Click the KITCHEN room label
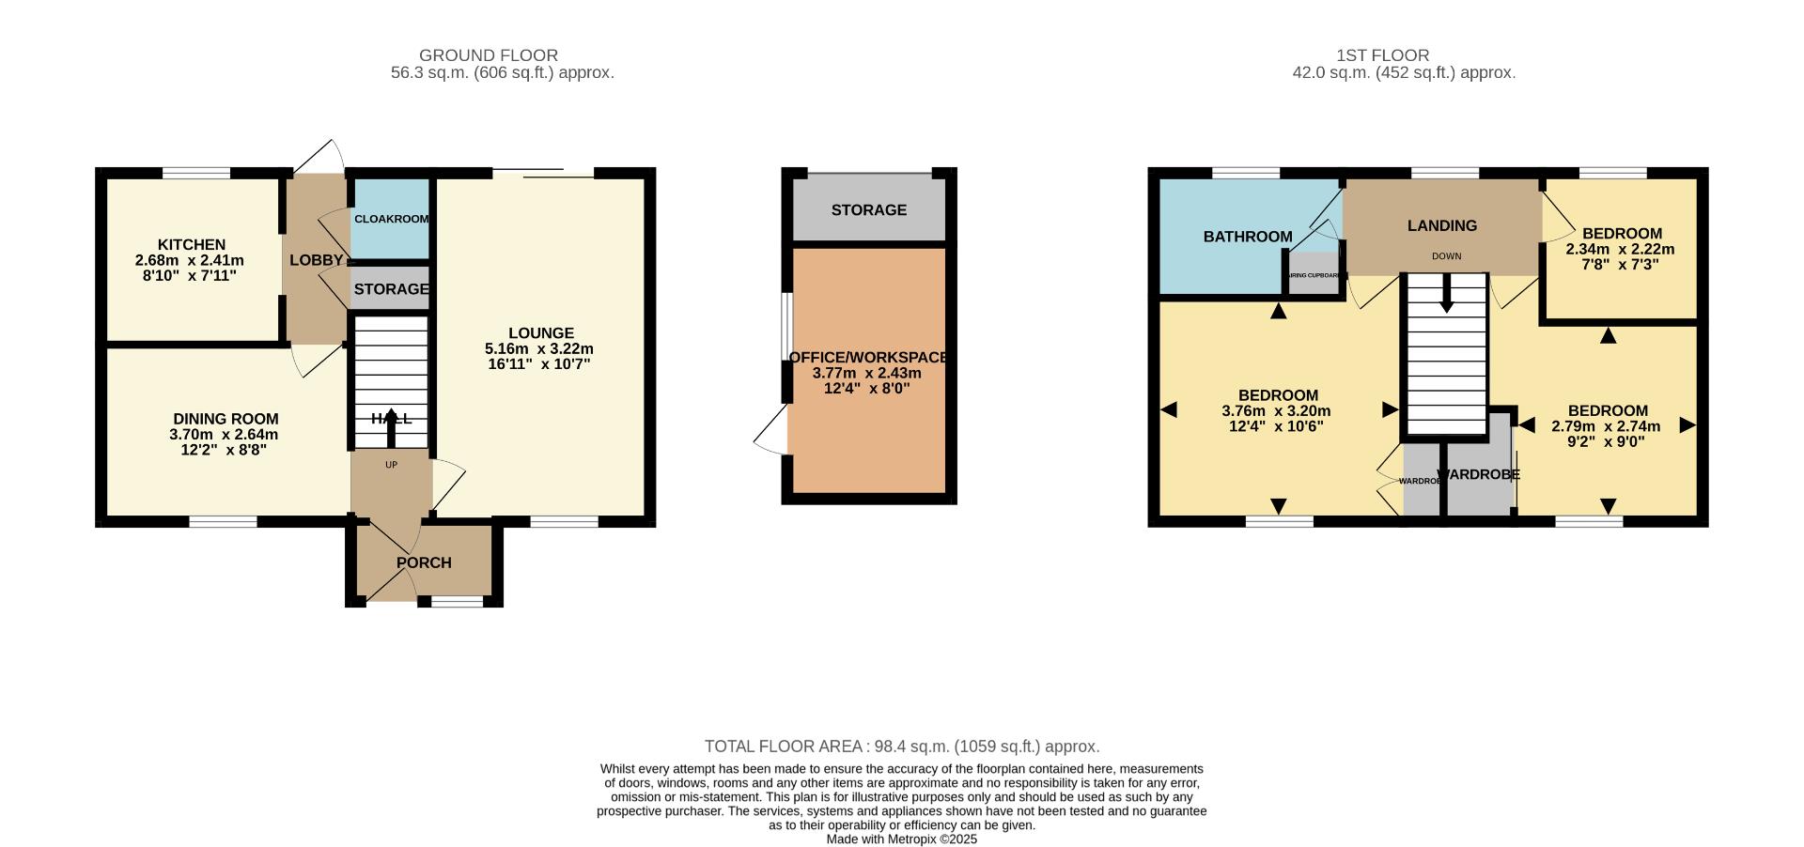tap(191, 245)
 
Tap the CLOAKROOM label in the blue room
tap(391, 219)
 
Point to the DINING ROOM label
tap(225, 419)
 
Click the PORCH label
tap(424, 562)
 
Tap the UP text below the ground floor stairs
tap(391, 465)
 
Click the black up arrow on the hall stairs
tap(391, 428)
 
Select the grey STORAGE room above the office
tap(868, 209)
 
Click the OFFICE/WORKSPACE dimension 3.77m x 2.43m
tap(866, 373)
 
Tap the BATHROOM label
tap(1248, 237)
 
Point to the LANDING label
tap(1441, 225)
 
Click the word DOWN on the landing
tap(1446, 256)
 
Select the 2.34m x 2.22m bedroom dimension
tap(1620, 250)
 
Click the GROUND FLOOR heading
tap(488, 55)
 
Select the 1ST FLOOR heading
tap(1381, 55)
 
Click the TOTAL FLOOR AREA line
tap(901, 747)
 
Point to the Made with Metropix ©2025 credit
tap(901, 839)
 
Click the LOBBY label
tap(316, 260)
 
